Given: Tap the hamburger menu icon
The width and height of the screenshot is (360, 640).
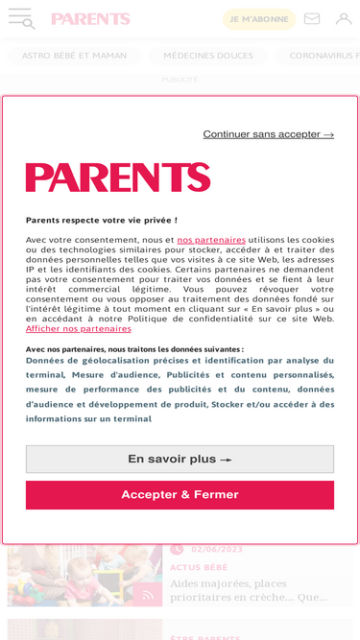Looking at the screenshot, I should [21, 18].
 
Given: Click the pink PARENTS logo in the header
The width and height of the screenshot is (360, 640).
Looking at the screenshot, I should [90, 19].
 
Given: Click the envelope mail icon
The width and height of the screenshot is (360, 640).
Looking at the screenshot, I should [312, 18].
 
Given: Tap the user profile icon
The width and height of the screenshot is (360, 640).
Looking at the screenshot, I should [343, 18].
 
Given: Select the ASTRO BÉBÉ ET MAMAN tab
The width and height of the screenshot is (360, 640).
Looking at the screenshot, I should [74, 56].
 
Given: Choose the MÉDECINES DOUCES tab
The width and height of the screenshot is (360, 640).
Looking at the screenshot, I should [208, 56].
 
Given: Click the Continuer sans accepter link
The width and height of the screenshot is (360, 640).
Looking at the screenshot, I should [268, 134].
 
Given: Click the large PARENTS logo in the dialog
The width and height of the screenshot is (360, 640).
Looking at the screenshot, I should [118, 178].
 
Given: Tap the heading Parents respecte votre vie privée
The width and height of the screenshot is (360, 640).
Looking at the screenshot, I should [102, 220].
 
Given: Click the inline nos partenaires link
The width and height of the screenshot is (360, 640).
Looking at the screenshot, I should [211, 240].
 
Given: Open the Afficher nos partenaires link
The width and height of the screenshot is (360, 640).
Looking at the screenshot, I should [79, 328].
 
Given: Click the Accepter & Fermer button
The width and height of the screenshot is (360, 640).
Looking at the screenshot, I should [180, 495].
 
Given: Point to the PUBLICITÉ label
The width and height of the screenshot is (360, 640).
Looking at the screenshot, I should [180, 80].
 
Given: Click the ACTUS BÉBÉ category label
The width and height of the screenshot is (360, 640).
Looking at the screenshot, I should [199, 567].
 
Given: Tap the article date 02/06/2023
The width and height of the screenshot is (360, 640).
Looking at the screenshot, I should [217, 550].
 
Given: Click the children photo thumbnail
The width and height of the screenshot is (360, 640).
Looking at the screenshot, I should [84, 576].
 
